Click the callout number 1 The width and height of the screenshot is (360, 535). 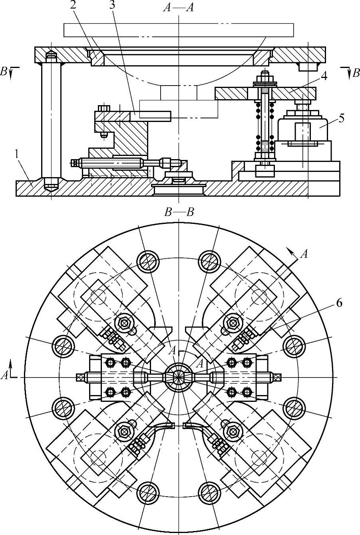point(16,155)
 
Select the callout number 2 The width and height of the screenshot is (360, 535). point(73,6)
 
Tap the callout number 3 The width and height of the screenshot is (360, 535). point(112,6)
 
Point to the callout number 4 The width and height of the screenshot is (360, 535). point(324,76)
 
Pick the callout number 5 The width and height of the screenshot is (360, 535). point(342,118)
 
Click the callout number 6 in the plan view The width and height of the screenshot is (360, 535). point(339,303)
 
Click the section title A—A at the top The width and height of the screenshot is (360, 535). point(179,8)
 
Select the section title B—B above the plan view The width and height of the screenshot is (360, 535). point(179,212)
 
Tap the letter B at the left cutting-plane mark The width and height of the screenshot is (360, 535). point(4,72)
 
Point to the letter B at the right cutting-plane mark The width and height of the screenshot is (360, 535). point(356,73)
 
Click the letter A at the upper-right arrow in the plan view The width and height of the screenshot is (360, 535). point(304,254)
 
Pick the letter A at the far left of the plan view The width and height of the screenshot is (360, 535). point(4,376)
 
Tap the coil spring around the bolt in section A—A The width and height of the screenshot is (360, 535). point(265,127)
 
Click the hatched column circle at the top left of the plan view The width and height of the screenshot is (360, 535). point(148,262)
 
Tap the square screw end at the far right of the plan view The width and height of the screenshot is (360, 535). point(278,377)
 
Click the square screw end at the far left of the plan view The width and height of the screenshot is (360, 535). point(80,377)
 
